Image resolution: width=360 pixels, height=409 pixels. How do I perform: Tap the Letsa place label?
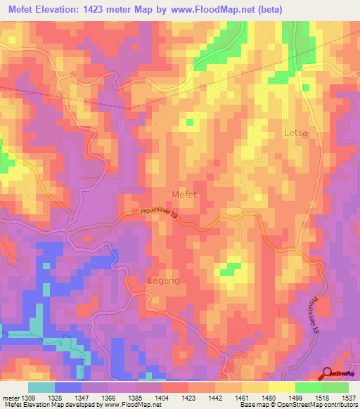(x=295, y=132)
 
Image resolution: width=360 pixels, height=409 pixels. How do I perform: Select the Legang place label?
(x=164, y=280)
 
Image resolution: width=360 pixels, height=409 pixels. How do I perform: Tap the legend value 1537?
(x=349, y=397)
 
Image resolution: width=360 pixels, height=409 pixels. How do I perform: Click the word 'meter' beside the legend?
(x=10, y=397)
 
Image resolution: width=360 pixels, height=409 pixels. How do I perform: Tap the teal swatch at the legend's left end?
(x=41, y=387)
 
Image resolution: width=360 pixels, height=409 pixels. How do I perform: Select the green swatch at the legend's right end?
(x=335, y=387)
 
